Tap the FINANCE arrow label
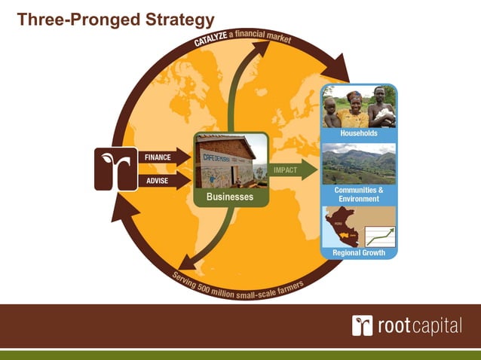click(158, 157)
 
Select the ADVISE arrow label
click(156, 181)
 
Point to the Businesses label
click(231, 197)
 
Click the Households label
click(359, 133)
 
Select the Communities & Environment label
click(359, 194)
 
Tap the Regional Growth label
click(359, 252)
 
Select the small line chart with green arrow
click(379, 236)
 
